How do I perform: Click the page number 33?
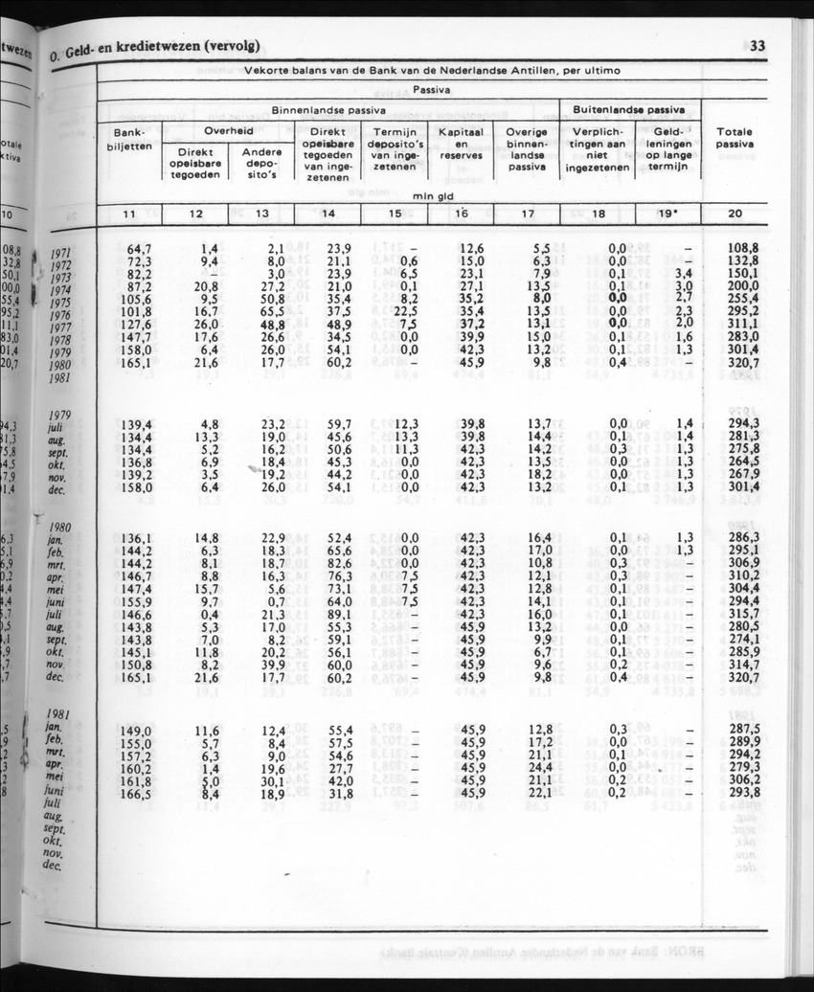click(757, 46)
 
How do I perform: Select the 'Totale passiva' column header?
click(735, 138)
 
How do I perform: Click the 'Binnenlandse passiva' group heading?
click(328, 111)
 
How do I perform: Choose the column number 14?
click(328, 214)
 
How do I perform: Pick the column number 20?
click(735, 214)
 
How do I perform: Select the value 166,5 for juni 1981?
click(137, 793)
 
